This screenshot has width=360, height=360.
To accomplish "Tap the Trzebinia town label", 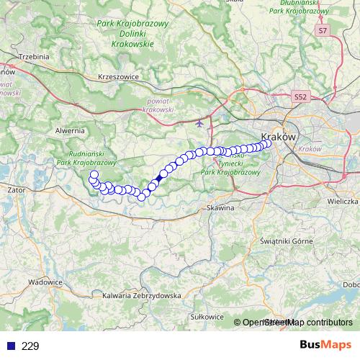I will point(33,56).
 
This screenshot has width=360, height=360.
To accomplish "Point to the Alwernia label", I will point(69,130).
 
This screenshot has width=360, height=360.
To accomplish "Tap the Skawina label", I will point(220,207).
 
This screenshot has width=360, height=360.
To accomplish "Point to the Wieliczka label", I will point(343,201).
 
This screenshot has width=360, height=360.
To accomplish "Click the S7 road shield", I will point(323,31).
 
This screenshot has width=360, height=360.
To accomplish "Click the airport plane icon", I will point(199,122).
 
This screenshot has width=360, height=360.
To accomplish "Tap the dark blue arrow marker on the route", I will point(159,177).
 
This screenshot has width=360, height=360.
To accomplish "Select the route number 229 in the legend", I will point(30,346).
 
